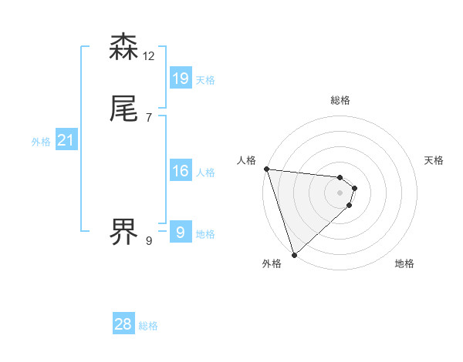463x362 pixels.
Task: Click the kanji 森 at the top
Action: pyautogui.click(x=124, y=48)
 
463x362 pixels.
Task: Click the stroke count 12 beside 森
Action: pyautogui.click(x=149, y=56)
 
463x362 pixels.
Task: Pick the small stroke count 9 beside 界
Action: pyautogui.click(x=149, y=241)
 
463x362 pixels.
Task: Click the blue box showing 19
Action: pyautogui.click(x=181, y=78)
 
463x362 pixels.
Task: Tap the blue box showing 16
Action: pyautogui.click(x=181, y=171)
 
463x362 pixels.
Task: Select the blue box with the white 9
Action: pyautogui.click(x=181, y=232)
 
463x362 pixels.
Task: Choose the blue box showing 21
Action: pyautogui.click(x=66, y=140)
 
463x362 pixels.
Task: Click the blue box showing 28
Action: pyautogui.click(x=123, y=324)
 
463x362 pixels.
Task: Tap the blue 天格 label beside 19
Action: pyautogui.click(x=205, y=80)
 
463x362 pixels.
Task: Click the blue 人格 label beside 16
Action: pyautogui.click(x=205, y=173)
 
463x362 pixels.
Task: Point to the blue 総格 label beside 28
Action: pyautogui.click(x=148, y=327)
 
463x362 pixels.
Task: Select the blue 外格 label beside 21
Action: pyautogui.click(x=41, y=142)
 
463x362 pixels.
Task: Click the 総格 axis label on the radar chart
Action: pyautogui.click(x=340, y=100)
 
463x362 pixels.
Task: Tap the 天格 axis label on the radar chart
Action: pyautogui.click(x=434, y=160)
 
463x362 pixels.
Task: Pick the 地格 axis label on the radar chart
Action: pyautogui.click(x=404, y=263)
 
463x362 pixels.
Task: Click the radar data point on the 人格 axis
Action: pyautogui.click(x=266, y=169)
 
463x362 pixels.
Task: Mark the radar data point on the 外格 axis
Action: pyautogui.click(x=294, y=254)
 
